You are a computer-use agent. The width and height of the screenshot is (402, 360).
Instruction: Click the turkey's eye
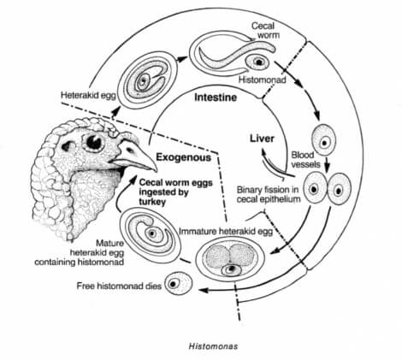(x=89, y=140)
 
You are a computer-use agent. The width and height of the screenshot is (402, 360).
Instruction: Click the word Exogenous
(x=183, y=159)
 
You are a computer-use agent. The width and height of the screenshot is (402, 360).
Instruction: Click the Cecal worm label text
(x=262, y=30)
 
